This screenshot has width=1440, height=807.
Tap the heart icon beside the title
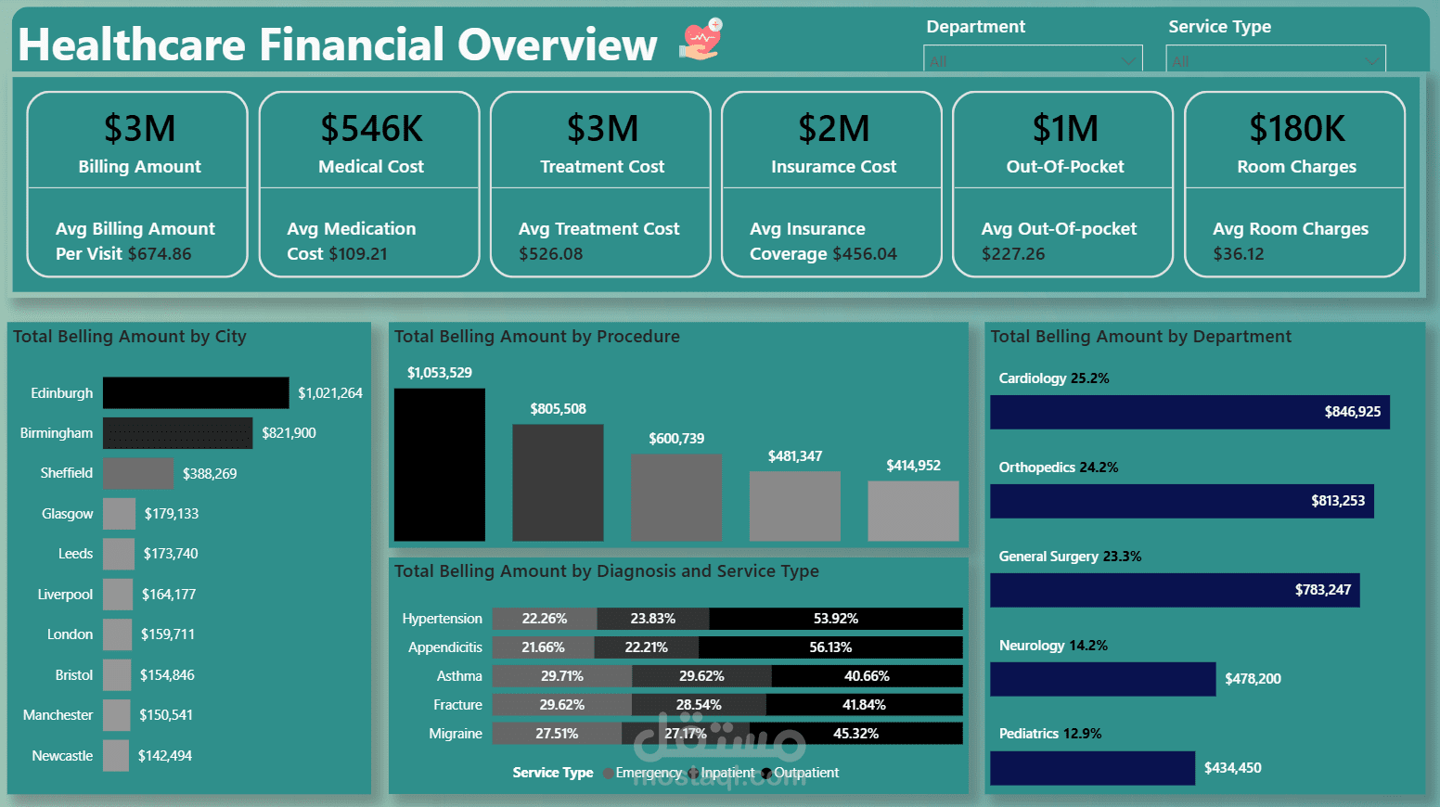701,40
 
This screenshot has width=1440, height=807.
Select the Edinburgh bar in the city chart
196,393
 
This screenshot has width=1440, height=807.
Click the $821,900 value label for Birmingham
289,433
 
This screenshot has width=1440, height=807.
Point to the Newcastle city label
62,756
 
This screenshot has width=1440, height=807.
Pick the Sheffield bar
138,473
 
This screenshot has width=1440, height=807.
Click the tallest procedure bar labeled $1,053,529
440,465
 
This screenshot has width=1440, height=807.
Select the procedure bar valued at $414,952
913,511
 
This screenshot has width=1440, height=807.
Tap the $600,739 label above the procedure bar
676,439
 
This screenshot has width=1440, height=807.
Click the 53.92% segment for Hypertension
835,619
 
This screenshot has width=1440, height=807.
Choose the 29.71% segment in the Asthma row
562,676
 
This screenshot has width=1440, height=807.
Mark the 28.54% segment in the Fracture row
699,705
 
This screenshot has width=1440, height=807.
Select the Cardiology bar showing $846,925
1189,412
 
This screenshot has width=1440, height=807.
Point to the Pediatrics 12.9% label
1049,734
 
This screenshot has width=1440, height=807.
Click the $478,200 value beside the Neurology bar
1253,679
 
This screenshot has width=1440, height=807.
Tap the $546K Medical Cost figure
371,129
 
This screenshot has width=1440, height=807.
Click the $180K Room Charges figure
1296,129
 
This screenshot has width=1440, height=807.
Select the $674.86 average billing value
160,254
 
